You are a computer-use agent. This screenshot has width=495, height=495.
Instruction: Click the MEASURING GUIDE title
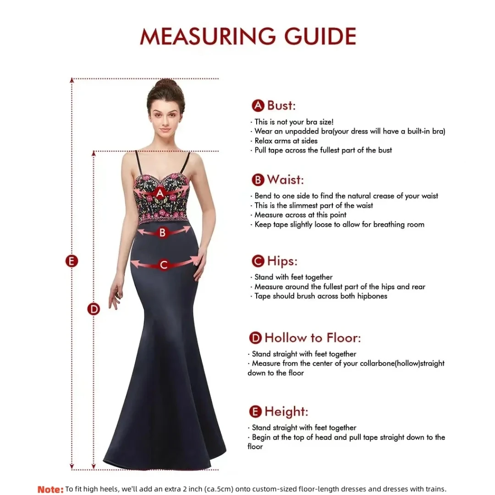pyautogui.click(x=248, y=37)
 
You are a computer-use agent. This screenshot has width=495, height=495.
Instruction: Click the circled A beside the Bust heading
pyautogui.click(x=258, y=106)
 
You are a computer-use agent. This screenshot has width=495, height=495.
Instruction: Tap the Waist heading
pyautogui.click(x=285, y=179)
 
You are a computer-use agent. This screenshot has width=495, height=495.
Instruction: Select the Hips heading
pyautogui.click(x=282, y=261)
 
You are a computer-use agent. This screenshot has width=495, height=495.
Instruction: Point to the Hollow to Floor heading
pyautogui.click(x=313, y=338)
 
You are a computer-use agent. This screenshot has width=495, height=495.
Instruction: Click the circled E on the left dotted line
pyautogui.click(x=71, y=261)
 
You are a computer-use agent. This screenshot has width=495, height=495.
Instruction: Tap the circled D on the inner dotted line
pyautogui.click(x=93, y=309)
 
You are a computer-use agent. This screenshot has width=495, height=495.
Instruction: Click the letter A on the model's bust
pyautogui.click(x=159, y=193)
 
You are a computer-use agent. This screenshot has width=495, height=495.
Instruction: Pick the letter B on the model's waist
pyautogui.click(x=162, y=233)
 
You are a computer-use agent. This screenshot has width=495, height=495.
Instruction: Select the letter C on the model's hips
pyautogui.click(x=164, y=264)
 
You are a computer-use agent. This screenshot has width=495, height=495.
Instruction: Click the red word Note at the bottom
pyautogui.click(x=50, y=489)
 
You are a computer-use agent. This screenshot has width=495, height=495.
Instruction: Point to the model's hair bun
pyautogui.click(x=166, y=85)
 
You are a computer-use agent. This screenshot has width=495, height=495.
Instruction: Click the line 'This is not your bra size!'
pyautogui.click(x=294, y=122)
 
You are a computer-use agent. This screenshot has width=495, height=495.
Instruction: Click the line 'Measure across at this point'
pyautogui.click(x=300, y=214)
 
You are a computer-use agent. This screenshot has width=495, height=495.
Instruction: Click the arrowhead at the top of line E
pyautogui.click(x=71, y=80)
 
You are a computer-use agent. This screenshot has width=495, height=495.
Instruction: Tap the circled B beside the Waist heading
pyautogui.click(x=258, y=180)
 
